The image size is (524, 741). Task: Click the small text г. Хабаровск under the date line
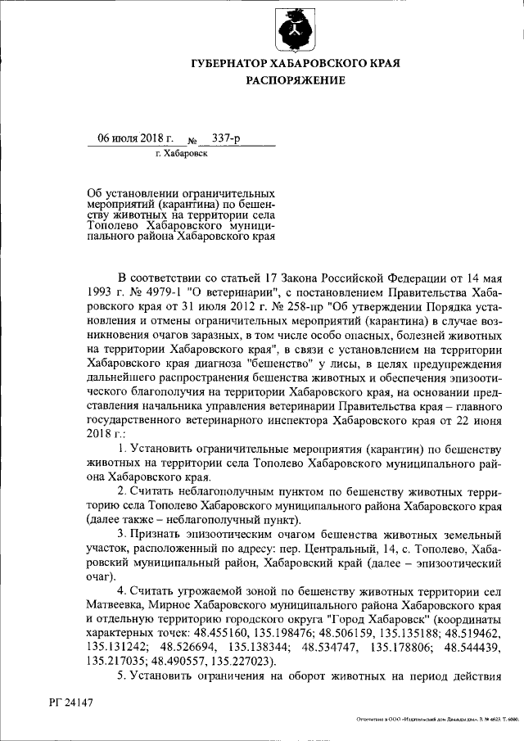coord(181,153)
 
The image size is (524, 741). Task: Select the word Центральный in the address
coord(341,549)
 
